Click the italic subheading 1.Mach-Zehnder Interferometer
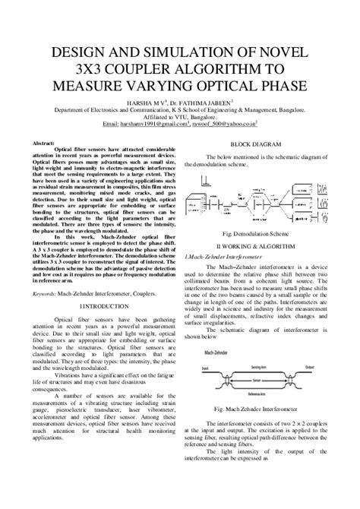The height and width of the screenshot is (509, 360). pyautogui.click(x=228, y=237)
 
